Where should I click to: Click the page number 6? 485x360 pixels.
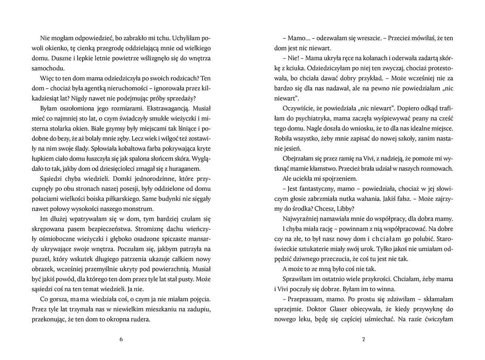pyautogui.click(x=121, y=339)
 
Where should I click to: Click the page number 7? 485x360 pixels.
pyautogui.click(x=364, y=339)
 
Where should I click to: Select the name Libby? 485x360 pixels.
pyautogui.click(x=344, y=209)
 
